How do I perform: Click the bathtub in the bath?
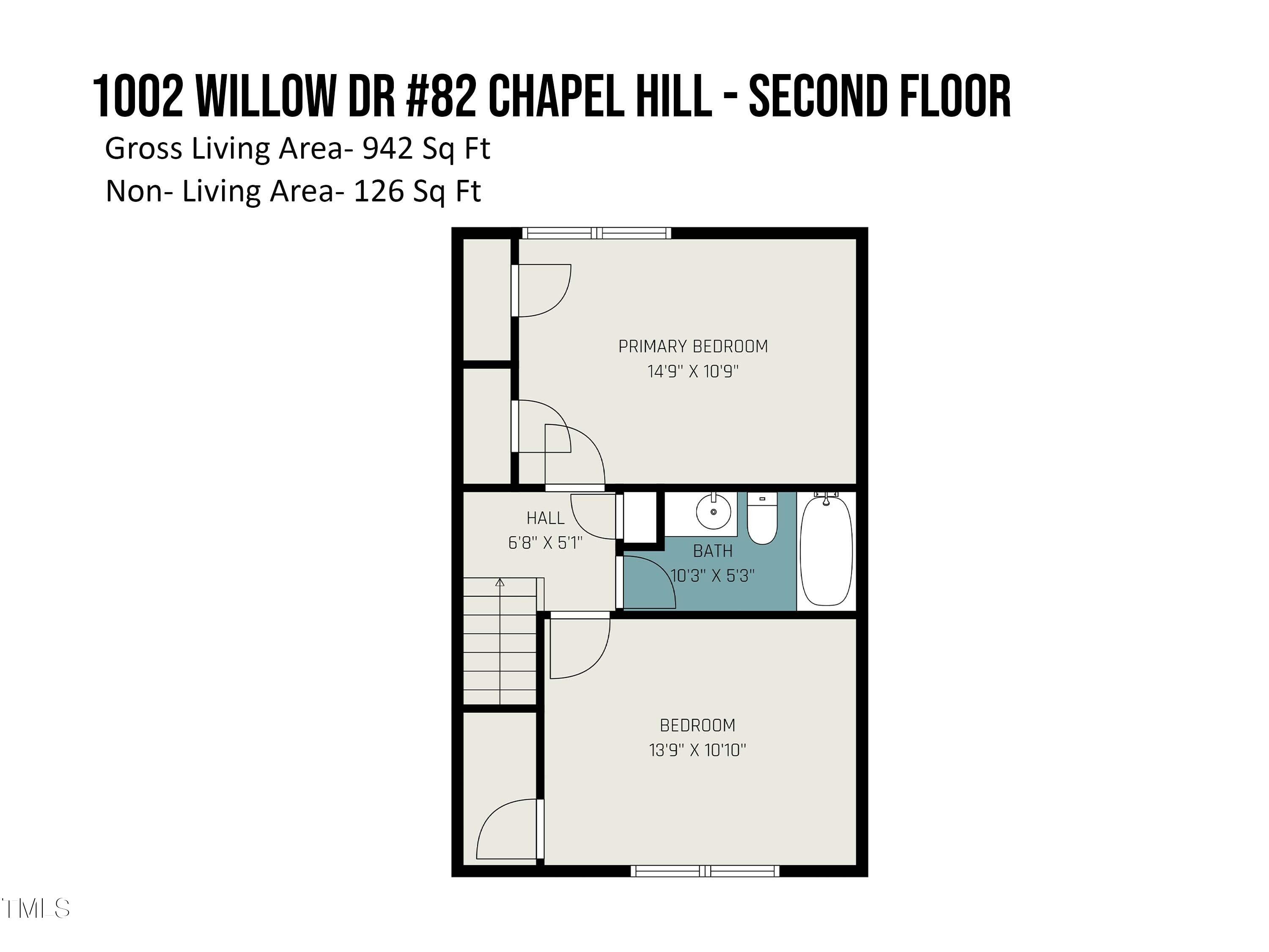tap(826, 551)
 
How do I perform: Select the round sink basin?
tap(714, 511)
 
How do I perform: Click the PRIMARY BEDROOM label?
tap(693, 347)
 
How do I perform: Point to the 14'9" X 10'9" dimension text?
tap(693, 371)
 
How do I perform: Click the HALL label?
tap(546, 518)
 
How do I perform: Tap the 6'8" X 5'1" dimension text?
tap(546, 543)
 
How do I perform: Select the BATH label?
tap(713, 551)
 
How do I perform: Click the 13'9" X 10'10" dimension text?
tap(698, 750)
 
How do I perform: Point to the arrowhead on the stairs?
tap(500, 583)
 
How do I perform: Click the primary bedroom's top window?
tap(596, 233)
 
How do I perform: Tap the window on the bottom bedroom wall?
tap(705, 871)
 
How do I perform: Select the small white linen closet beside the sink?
tap(640, 517)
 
